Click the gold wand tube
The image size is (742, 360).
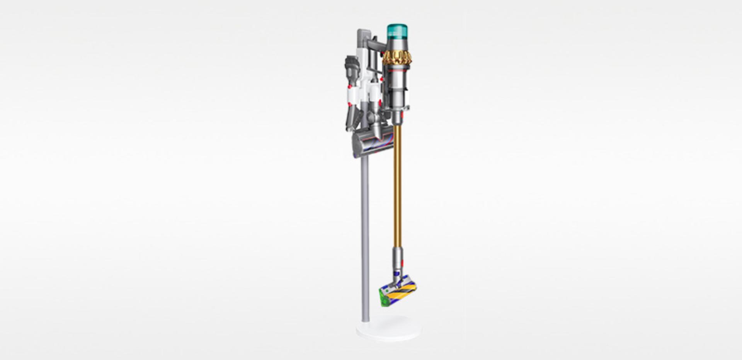point(397,185)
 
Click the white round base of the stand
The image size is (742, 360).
point(388,329)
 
